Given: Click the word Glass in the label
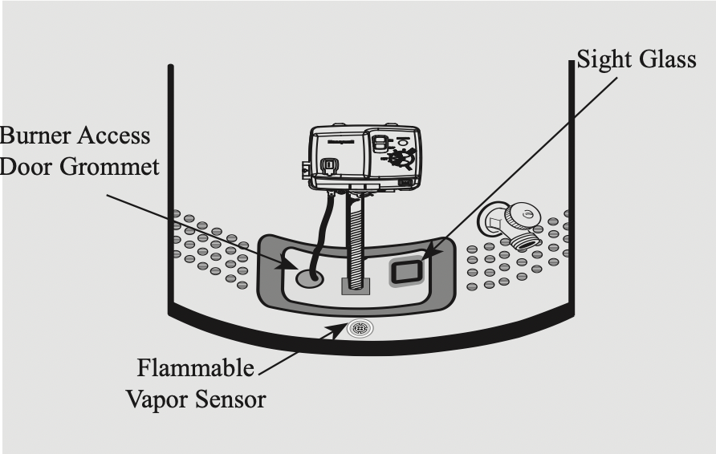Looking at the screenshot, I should [x=669, y=61].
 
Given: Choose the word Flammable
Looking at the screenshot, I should [x=195, y=369].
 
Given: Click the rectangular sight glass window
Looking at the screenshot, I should [x=405, y=272].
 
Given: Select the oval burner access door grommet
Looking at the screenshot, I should [x=310, y=278].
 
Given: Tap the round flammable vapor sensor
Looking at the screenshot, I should [x=359, y=327].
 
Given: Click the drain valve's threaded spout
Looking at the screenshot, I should [x=526, y=239].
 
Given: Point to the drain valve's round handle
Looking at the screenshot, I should [x=525, y=214].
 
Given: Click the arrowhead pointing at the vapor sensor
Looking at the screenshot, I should [x=339, y=330].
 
